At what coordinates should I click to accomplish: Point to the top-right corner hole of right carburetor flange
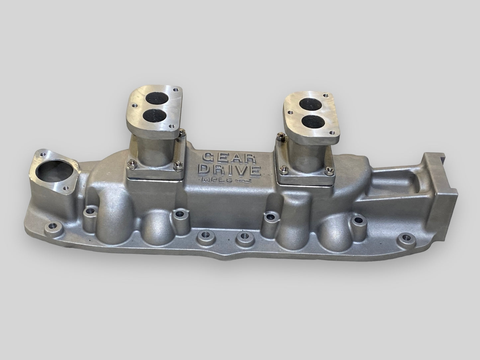coord(327,95)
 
